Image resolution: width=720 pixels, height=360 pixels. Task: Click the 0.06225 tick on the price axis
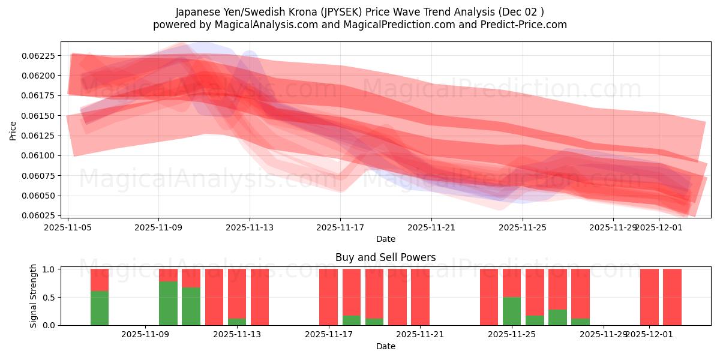click(38, 56)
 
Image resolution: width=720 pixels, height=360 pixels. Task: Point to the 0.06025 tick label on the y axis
click(38, 215)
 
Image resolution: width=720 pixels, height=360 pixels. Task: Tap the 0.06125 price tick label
click(38, 136)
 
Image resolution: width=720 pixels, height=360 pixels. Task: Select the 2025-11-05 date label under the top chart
click(68, 228)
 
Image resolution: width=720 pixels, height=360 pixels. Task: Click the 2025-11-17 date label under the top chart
click(340, 228)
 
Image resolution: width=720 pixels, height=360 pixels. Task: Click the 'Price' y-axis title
click(13, 130)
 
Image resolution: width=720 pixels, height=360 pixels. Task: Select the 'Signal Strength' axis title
click(34, 296)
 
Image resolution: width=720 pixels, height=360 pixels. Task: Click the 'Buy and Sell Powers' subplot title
click(385, 257)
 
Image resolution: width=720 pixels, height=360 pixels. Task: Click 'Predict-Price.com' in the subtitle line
click(525, 25)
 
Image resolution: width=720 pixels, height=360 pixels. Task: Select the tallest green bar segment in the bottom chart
click(168, 304)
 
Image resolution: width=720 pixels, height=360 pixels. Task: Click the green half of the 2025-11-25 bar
click(511, 311)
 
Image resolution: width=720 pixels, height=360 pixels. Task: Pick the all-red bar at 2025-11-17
click(328, 297)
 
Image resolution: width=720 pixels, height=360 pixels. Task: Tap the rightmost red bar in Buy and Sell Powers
click(672, 297)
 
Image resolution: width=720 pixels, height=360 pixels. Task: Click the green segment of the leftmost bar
click(100, 308)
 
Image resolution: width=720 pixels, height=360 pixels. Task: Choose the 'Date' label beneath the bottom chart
click(385, 346)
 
